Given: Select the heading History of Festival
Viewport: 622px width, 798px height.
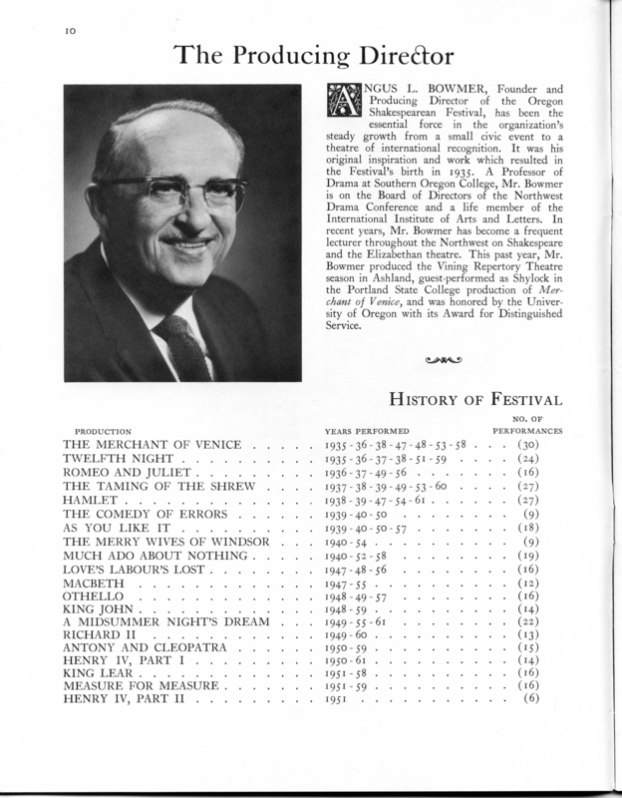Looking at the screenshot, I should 476,401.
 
